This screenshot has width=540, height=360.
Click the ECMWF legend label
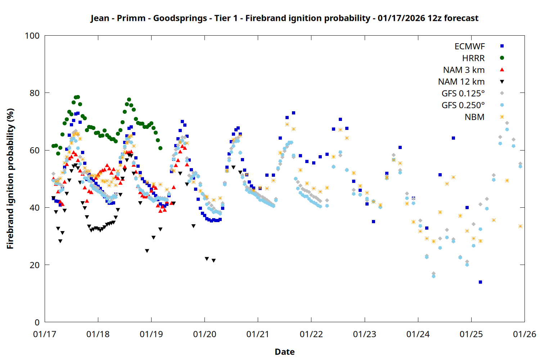469,46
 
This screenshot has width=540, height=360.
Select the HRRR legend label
473,58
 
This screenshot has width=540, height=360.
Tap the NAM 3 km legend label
464,70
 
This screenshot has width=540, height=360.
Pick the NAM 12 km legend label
461,82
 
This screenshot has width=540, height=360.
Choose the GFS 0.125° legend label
463,94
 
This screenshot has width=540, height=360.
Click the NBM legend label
474,117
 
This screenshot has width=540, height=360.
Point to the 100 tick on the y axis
32,36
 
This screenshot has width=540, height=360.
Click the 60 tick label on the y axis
35,150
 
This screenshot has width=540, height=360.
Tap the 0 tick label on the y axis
37,322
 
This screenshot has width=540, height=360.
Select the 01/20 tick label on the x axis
204,334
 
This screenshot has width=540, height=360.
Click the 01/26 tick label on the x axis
524,334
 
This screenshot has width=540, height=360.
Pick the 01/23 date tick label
364,334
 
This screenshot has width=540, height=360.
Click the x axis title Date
284,352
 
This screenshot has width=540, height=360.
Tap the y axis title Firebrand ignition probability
10,179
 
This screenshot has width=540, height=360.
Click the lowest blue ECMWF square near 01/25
480,282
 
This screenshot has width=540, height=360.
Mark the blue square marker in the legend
502,46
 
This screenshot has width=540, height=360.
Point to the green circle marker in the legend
502,58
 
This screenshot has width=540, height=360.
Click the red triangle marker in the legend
502,69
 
